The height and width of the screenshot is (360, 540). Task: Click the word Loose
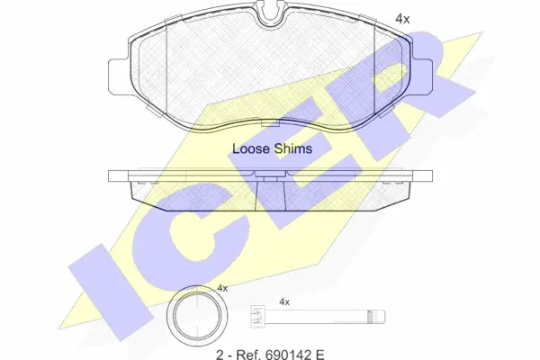(251, 148)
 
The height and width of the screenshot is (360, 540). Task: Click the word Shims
(293, 148)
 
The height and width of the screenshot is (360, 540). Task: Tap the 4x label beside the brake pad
(402, 19)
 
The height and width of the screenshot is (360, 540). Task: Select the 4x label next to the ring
(222, 288)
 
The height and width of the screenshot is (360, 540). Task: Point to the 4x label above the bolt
(284, 302)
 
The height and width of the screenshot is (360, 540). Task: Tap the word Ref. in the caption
(247, 355)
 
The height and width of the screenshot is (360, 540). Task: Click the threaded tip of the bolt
(376, 317)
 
